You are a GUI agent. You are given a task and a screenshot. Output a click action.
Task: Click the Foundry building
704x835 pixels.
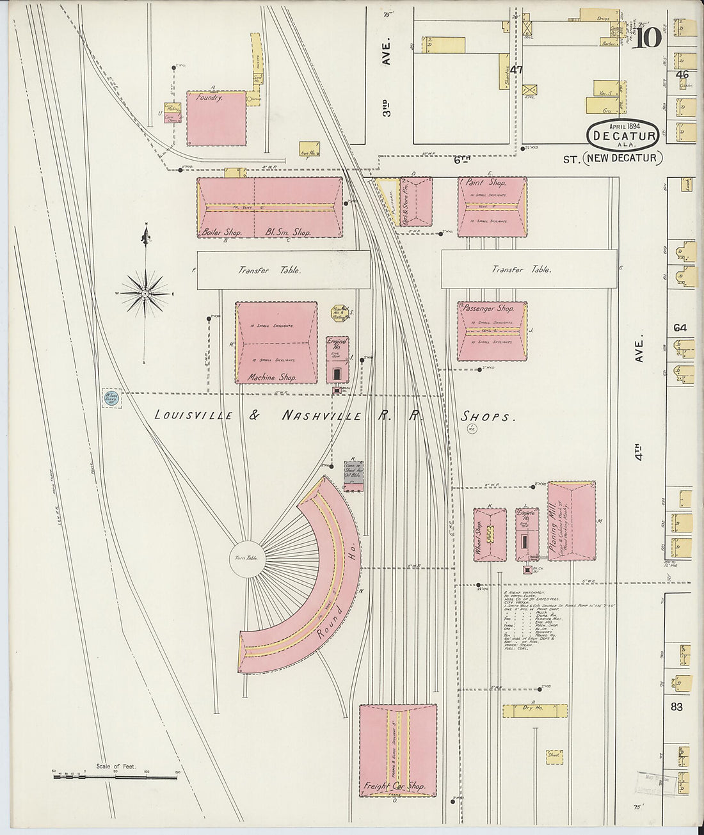click(x=216, y=118)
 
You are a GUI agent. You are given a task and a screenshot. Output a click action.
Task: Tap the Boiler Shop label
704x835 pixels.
click(x=221, y=232)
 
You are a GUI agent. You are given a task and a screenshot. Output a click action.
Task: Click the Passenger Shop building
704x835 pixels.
click(x=492, y=331)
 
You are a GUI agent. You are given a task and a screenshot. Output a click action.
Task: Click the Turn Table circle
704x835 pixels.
click(x=246, y=559)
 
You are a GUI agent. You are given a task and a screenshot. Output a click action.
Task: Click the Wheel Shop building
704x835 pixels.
click(x=490, y=535)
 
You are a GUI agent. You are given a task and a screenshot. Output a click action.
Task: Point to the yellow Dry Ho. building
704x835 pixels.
click(x=534, y=710)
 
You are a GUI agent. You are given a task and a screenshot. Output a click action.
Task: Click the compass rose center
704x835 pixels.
click(x=146, y=294)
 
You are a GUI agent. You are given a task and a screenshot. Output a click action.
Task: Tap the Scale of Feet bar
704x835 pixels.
click(x=115, y=777)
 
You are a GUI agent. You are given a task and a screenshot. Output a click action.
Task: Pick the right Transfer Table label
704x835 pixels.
click(x=522, y=269)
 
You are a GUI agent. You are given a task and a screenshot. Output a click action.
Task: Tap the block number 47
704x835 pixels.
click(x=516, y=70)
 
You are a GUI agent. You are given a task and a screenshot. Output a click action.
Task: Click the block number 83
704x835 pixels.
click(x=677, y=707)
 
